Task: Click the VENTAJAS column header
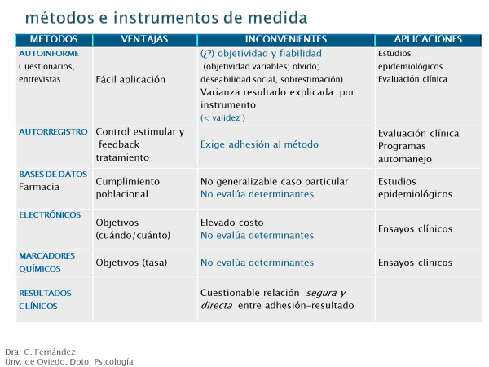[x=144, y=39]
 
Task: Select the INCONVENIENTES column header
[x=286, y=39]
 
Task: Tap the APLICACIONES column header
[x=428, y=39]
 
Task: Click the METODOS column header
[x=54, y=39]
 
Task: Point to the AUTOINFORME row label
[x=49, y=53]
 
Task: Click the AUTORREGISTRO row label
[x=53, y=131]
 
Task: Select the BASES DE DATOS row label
[x=53, y=175]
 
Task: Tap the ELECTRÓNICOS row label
[x=50, y=214]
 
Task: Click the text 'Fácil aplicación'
[x=130, y=80]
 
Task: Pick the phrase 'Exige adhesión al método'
[x=259, y=144]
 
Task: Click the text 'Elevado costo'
[x=232, y=223]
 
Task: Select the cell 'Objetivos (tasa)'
[x=131, y=263]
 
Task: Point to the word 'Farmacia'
[x=39, y=187]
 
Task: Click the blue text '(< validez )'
[x=222, y=117]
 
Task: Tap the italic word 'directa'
[x=217, y=305]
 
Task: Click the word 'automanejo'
[x=405, y=159]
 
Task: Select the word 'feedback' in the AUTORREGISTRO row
[x=119, y=144]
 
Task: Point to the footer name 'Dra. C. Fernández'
[x=40, y=352]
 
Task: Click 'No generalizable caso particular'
[x=274, y=181]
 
